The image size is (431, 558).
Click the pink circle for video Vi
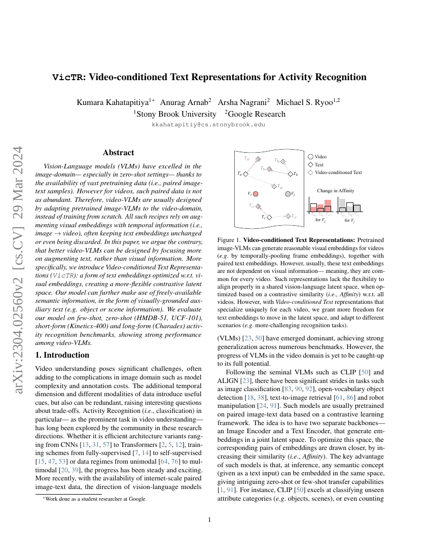point(256,194)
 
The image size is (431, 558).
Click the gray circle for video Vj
point(288,194)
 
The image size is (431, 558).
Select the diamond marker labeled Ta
point(245,173)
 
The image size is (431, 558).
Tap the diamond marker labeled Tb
point(291,174)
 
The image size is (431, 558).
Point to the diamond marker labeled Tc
point(269,217)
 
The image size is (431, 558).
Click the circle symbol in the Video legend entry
point(310,157)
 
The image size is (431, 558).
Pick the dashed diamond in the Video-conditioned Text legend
point(310,172)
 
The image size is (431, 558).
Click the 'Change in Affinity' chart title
point(336,191)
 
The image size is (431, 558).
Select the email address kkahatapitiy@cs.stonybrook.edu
point(208,124)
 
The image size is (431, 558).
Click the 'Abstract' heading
point(118,152)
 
